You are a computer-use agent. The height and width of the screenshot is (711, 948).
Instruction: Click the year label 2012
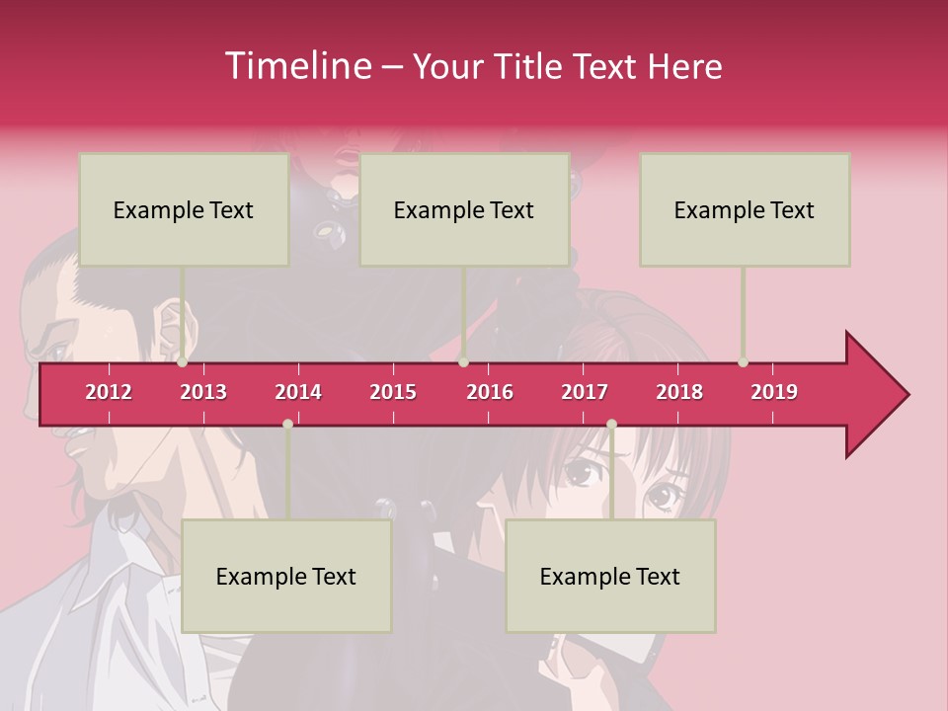point(109,392)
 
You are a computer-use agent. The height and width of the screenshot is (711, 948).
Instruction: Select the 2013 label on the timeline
point(203,392)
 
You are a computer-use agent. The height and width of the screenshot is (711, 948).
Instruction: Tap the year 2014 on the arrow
point(298,392)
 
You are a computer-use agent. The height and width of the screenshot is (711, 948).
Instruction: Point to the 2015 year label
point(393,392)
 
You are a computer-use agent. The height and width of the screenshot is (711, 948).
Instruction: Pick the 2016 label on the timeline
point(490,392)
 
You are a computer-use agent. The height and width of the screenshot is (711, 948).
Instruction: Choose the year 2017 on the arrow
point(585,392)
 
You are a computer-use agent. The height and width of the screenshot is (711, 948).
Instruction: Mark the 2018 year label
point(679,392)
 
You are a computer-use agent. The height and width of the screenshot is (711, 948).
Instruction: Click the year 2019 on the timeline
point(774,392)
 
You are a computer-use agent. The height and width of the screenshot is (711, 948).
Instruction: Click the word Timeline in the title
point(297,66)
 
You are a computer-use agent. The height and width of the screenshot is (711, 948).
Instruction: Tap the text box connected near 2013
point(184,209)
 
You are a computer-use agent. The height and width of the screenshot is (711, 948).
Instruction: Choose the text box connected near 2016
point(464,209)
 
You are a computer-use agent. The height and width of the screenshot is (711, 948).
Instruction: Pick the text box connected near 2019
point(745,209)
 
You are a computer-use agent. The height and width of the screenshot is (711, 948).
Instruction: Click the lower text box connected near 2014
point(286,576)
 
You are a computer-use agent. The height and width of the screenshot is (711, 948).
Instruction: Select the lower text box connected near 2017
point(610,576)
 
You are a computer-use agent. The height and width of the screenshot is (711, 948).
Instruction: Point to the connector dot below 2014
point(287,424)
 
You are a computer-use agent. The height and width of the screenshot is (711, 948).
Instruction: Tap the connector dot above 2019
point(743,362)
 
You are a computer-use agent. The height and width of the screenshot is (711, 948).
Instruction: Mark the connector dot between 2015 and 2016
point(464,362)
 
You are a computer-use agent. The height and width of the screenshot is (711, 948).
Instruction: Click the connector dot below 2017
point(611,424)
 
